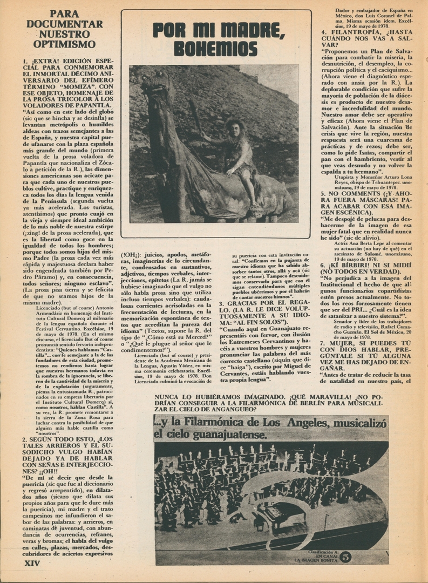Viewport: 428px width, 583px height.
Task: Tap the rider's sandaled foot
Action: [x=253, y=206]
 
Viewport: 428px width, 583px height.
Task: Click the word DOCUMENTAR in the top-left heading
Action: [x=65, y=24]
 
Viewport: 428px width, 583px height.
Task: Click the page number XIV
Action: [x=32, y=562]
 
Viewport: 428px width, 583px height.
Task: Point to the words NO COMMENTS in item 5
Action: [x=357, y=193]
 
